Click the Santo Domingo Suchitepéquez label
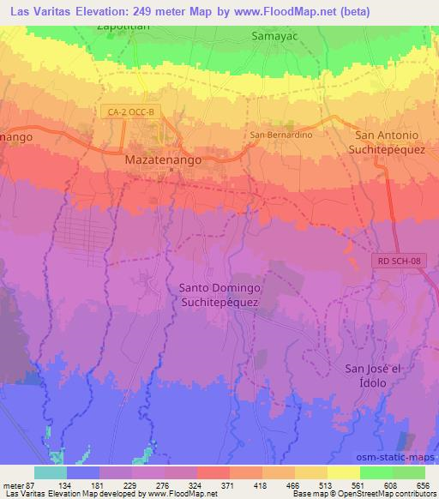coord(219,295)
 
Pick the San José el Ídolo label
coord(371,375)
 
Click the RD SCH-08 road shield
coord(400,260)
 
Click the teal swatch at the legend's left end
coord(50,472)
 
